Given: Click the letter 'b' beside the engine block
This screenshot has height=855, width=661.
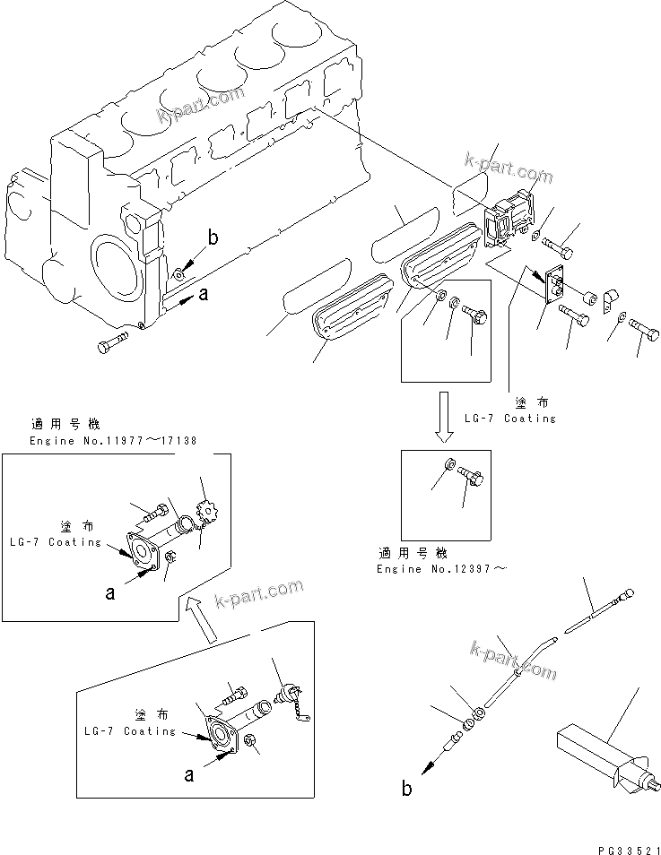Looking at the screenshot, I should tap(213, 237).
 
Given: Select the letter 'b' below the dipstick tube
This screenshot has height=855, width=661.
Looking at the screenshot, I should tap(406, 790).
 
